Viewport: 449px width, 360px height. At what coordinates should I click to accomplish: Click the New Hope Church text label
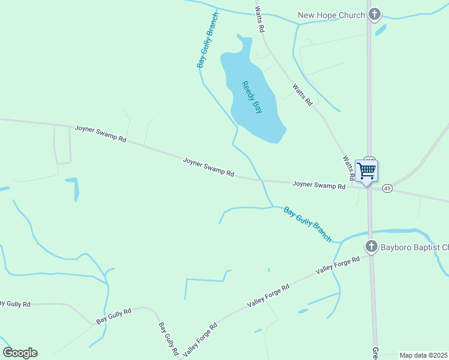click(332, 15)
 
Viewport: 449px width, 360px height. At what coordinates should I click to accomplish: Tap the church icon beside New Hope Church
click(375, 14)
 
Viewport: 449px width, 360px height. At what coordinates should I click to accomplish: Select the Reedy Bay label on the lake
click(252, 97)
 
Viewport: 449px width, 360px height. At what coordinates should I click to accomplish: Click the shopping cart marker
click(366, 171)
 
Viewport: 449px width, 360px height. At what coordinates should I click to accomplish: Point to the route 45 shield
click(387, 188)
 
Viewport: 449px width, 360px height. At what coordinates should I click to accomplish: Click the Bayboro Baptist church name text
click(414, 247)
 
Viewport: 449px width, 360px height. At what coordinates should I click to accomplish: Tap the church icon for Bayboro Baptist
click(372, 247)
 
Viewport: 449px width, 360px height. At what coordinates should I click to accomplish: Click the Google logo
click(20, 353)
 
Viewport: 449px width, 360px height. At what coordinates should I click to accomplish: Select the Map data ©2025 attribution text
click(424, 355)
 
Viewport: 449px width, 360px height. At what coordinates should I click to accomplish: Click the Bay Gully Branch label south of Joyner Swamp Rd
click(307, 224)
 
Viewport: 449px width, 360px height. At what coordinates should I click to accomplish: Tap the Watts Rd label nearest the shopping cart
click(348, 168)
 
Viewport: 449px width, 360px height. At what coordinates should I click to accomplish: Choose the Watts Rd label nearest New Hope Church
click(259, 20)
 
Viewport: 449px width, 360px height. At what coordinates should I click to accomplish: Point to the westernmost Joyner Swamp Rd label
click(100, 133)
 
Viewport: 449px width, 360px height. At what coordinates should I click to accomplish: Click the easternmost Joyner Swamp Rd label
click(319, 185)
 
